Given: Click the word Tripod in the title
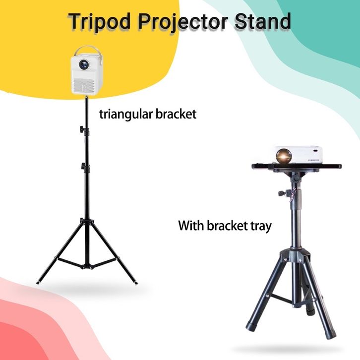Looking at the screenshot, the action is pos(100,22).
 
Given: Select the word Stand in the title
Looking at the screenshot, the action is pos(263,21).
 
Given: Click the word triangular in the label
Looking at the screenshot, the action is pos(125,115).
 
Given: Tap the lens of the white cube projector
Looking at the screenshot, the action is pos(84,64).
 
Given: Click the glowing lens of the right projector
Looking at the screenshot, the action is pos(284,156).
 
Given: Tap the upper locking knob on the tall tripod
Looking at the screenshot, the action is pos(82,129).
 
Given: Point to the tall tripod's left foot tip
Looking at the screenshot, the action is pos(38,283).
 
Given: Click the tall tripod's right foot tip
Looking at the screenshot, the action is pos(136,283).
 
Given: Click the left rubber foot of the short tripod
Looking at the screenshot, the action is pos(250,326).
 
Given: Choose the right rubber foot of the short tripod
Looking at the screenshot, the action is pos(331,334).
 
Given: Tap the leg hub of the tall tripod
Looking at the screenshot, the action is pos(87,222).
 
